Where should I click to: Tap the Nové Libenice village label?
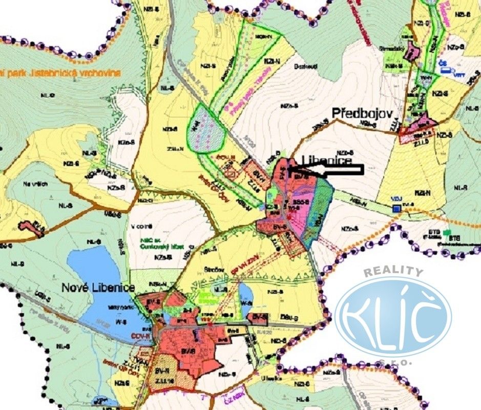(97, 288)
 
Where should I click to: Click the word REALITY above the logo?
(393, 273)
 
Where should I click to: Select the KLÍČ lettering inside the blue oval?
(393, 316)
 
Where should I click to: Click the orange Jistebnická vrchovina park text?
(61, 73)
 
